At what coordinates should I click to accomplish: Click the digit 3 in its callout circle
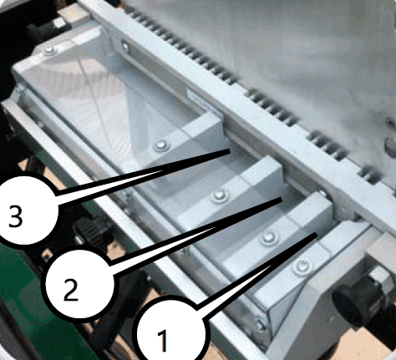click(16, 216)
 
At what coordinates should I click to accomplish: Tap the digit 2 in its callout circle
click(71, 290)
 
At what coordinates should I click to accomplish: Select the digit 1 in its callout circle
click(163, 340)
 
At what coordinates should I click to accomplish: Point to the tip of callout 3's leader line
click(230, 150)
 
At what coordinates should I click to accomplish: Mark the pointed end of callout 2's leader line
click(282, 200)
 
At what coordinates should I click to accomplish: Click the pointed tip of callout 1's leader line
click(317, 236)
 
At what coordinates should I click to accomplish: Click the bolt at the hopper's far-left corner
click(49, 50)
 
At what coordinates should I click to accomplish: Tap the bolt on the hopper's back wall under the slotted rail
click(125, 46)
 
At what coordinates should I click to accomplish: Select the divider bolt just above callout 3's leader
click(162, 145)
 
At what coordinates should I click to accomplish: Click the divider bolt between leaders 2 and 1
click(268, 236)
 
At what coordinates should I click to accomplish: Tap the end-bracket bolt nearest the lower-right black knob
click(301, 267)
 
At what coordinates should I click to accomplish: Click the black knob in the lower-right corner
click(348, 307)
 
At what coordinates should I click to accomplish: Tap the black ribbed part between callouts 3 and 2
click(90, 232)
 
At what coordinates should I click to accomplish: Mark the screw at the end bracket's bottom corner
click(261, 324)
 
